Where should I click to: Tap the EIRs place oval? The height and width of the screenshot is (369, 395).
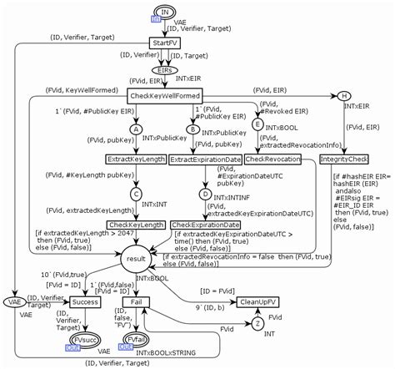[x=166, y=70]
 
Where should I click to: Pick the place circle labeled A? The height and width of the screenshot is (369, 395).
[x=137, y=129]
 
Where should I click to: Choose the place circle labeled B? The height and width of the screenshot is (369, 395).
[x=192, y=129]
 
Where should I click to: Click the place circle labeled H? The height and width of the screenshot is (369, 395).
[x=344, y=94]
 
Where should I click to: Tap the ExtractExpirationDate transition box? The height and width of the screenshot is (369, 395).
[x=205, y=159]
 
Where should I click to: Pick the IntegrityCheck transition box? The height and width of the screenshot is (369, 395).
[x=344, y=159]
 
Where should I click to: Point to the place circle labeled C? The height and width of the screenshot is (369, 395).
[x=137, y=192]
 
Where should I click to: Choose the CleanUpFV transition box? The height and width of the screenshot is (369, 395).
[x=259, y=302]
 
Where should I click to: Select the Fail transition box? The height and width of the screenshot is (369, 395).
[x=140, y=301]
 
